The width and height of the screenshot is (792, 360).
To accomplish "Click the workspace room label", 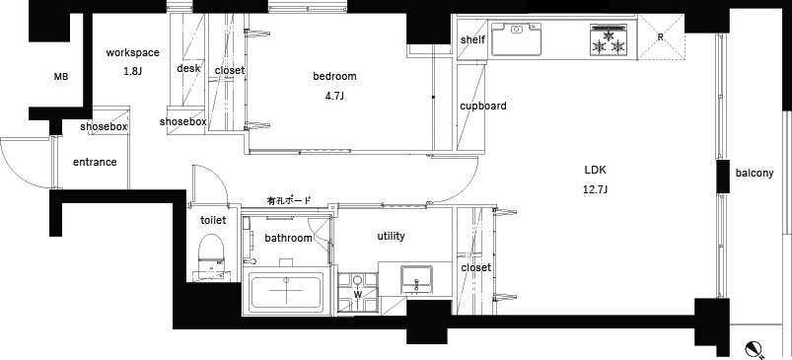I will pyautogui.click(x=132, y=53).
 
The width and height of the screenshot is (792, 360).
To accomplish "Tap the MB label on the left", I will pyautogui.click(x=61, y=77).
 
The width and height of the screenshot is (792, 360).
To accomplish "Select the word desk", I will pyautogui.click(x=188, y=69).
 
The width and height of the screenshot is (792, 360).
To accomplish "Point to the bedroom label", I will pyautogui.click(x=334, y=76).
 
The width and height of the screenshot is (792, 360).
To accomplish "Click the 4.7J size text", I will pyautogui.click(x=334, y=96).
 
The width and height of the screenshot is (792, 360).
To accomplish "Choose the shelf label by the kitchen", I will pyautogui.click(x=471, y=40).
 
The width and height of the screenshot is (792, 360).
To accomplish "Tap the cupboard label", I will pyautogui.click(x=482, y=106).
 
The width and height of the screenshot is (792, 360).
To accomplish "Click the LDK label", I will pyautogui.click(x=596, y=169).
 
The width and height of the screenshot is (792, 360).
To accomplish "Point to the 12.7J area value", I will pyautogui.click(x=596, y=188).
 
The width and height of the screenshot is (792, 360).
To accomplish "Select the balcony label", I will pyautogui.click(x=754, y=174).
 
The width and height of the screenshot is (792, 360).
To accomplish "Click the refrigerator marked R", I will pyautogui.click(x=660, y=38).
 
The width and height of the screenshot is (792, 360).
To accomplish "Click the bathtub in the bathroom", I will pyautogui.click(x=286, y=292).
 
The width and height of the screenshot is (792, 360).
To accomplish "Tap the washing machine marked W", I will pyautogui.click(x=358, y=292).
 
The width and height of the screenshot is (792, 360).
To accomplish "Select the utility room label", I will pyautogui.click(x=391, y=237).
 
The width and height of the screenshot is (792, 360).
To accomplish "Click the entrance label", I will pyautogui.click(x=95, y=162).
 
